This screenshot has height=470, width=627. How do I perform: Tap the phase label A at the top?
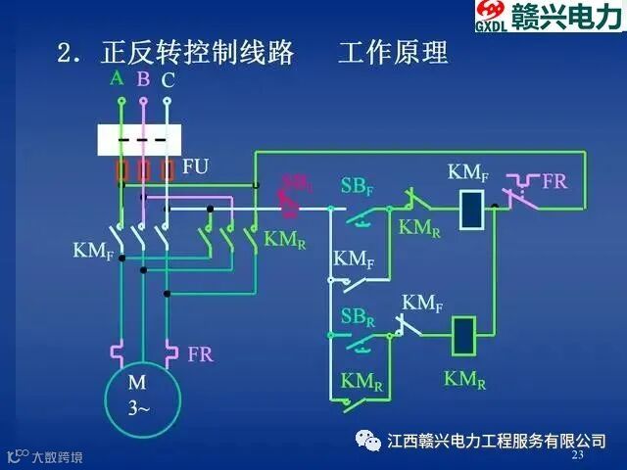click(117, 78)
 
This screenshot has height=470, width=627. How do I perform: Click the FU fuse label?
click(196, 166)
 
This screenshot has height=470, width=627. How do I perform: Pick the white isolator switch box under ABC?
click(139, 140)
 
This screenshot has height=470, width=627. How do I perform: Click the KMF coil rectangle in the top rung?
click(470, 208)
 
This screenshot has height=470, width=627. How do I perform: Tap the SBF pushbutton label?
click(356, 186)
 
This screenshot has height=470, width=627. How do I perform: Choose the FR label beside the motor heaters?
click(200, 353)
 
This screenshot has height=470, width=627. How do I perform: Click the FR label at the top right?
click(555, 182)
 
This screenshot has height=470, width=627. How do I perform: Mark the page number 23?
click(577, 456)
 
